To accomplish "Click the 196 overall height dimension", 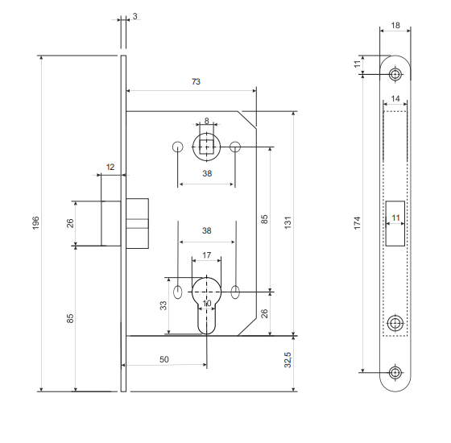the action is tap(35, 223).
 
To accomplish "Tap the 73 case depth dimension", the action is tap(196, 82).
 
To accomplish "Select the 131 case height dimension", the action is tap(288, 222).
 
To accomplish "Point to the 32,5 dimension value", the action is tap(288, 360).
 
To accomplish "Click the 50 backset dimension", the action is tap(164, 359).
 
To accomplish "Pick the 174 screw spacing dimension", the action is tap(357, 223).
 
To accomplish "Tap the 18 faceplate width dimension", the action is tap(395, 25).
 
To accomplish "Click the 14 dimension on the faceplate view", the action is tap(395, 98).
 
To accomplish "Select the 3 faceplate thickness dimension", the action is tap(135, 16).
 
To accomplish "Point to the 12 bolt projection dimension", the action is tap(110, 168).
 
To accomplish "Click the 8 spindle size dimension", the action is tap(206, 121).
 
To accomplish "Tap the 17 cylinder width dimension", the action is tap(206, 255).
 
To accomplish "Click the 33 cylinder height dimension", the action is tap(163, 305).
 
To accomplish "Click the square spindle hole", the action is tap(206, 147).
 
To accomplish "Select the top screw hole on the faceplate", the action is tap(395, 74).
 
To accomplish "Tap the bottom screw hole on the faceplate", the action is tap(395, 372).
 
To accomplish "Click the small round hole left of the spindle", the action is tap(178, 147).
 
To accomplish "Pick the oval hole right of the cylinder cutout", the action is tap(235, 292).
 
